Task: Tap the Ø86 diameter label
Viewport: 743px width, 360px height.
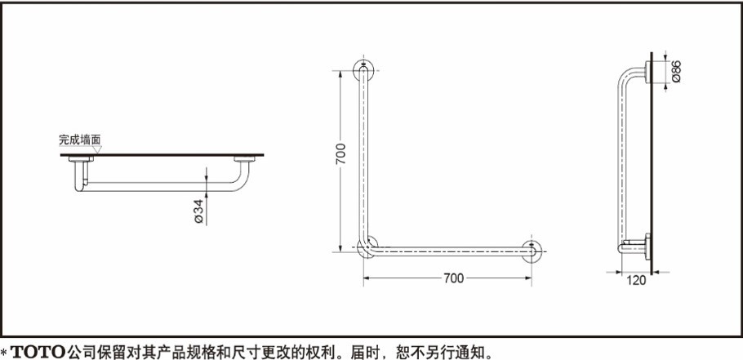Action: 676,73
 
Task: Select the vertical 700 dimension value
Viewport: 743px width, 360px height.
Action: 341,153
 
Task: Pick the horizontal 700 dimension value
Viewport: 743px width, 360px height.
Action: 453,278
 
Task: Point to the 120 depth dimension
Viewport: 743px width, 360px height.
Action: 638,280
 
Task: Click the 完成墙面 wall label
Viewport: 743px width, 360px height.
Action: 79,140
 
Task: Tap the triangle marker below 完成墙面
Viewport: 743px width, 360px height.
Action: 96,150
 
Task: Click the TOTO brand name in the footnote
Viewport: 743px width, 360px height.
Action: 39,351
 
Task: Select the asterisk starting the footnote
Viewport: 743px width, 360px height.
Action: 5,352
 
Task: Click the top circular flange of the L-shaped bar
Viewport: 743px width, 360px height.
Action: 363,69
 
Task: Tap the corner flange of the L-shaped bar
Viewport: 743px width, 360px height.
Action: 367,247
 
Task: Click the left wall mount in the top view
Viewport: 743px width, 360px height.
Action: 79,161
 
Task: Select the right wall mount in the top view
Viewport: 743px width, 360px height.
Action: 244,161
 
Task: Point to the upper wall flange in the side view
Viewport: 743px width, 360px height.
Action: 647,73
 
